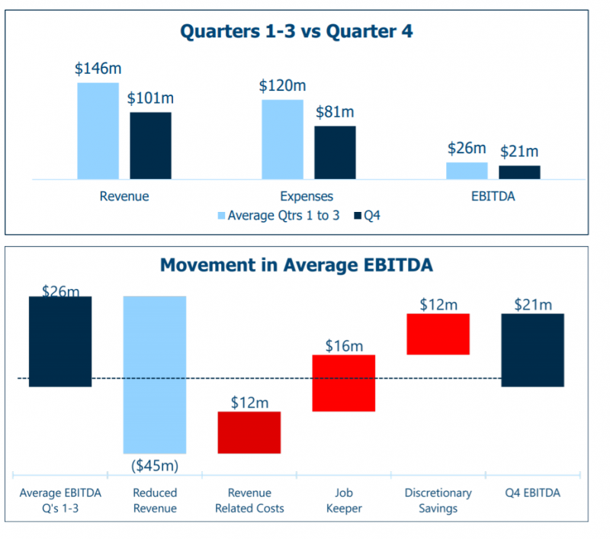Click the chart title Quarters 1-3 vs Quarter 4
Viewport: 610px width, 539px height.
[x=296, y=32]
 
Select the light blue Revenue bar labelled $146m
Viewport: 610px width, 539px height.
[x=98, y=130]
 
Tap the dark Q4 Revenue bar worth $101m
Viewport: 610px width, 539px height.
[x=150, y=146]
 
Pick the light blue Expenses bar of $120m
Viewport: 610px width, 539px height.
[x=282, y=139]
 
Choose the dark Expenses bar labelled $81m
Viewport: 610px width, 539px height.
[x=335, y=152]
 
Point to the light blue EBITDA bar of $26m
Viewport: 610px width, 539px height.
[x=467, y=171]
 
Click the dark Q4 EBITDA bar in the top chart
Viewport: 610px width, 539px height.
[x=519, y=172]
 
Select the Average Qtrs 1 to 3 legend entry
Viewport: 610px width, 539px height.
[x=279, y=216]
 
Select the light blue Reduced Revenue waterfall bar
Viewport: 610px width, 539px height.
[x=155, y=374]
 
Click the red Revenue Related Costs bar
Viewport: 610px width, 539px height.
[x=249, y=432]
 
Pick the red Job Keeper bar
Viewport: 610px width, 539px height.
[x=344, y=383]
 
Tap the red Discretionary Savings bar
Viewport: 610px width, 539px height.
[x=438, y=334]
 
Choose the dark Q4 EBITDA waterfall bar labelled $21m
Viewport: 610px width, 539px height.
[x=533, y=350]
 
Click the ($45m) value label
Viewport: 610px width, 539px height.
[x=155, y=464]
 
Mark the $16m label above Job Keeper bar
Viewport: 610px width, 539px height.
[x=344, y=346]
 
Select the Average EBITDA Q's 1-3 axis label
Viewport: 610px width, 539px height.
[x=60, y=500]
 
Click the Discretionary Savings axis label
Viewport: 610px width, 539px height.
[x=438, y=500]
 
